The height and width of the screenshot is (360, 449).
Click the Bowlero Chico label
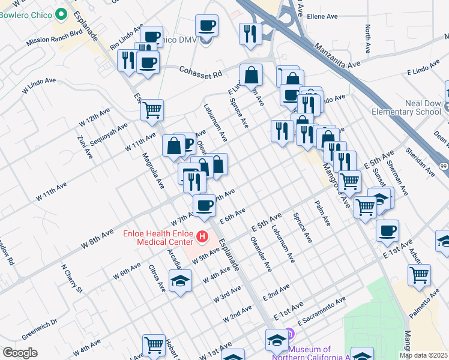(26, 14)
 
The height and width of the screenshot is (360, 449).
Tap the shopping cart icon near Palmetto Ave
(419, 274)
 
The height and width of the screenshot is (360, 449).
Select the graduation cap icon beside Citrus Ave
(180, 281)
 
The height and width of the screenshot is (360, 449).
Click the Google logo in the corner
(20, 353)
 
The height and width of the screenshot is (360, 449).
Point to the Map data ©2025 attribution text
(423, 355)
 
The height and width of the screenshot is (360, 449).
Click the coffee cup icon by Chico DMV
(206, 26)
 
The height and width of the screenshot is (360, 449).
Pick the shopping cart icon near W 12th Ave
(152, 109)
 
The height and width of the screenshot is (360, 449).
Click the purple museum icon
(289, 333)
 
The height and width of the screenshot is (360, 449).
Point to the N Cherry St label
(71, 278)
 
